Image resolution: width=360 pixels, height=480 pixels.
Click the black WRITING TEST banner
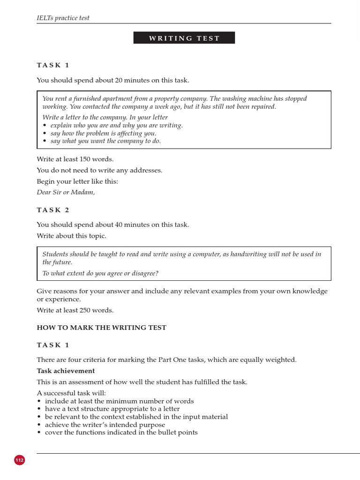(x=184, y=38)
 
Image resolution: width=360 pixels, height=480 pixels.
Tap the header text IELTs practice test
(x=63, y=18)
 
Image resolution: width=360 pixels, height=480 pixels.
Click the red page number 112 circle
(x=19, y=460)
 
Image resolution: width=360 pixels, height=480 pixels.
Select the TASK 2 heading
(x=53, y=210)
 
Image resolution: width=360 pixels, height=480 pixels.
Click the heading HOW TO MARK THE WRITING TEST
(x=101, y=328)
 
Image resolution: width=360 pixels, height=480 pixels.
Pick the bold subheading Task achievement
(x=66, y=371)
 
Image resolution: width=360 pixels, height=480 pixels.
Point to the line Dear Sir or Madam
(x=66, y=192)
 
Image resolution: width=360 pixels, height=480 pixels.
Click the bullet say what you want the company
(x=105, y=141)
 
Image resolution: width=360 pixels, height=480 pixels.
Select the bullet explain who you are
(x=116, y=125)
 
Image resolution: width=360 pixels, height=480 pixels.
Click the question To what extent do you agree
(x=100, y=273)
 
